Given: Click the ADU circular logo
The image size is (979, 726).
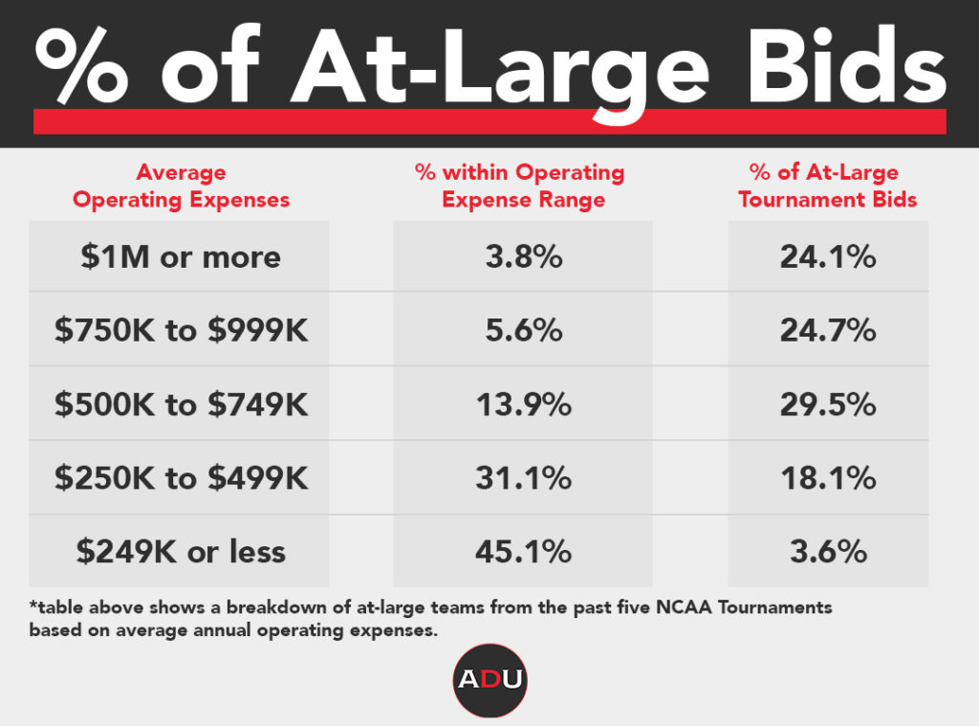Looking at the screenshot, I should click(x=489, y=680).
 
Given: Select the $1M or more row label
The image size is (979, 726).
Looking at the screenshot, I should click(x=180, y=256).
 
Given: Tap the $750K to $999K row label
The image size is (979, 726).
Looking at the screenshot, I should click(x=181, y=330).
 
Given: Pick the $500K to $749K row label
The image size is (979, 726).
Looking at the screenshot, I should click(x=181, y=404).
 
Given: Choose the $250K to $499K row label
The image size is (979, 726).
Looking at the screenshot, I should click(x=181, y=477).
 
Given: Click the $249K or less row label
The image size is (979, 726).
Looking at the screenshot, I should click(x=180, y=551).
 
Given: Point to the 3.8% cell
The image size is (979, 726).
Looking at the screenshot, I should click(x=523, y=256).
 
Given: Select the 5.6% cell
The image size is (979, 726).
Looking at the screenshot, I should click(x=523, y=330).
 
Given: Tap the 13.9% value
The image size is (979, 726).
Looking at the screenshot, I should click(x=523, y=404).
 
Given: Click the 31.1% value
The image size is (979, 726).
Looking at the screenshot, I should click(x=523, y=477).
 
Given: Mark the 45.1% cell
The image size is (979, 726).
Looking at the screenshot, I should click(x=523, y=551).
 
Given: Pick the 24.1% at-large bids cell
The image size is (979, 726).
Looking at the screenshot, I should click(x=828, y=256).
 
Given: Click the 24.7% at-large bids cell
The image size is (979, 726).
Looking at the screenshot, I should click(x=828, y=330).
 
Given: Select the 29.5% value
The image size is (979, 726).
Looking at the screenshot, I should click(x=828, y=404).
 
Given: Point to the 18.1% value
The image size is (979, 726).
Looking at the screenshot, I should click(x=828, y=477).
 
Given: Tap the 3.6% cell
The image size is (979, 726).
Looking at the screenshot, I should click(x=828, y=551).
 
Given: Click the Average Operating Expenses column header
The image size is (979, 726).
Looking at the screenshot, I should click(x=181, y=187).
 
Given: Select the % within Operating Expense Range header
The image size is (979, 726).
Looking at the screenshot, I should click(x=520, y=187).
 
